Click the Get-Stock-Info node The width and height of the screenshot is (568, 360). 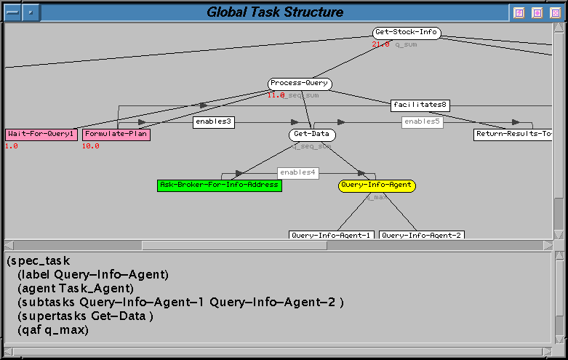pyautogui.click(x=407, y=33)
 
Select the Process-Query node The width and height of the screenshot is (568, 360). pyautogui.click(x=300, y=84)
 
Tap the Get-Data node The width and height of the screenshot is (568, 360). pyautogui.click(x=313, y=135)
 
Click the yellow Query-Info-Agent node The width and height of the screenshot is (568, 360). pyautogui.click(x=377, y=185)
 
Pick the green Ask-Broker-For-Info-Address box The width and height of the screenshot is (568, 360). pyautogui.click(x=219, y=185)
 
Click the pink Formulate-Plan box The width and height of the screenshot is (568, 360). pyautogui.click(x=116, y=135)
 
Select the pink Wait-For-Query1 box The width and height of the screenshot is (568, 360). pyautogui.click(x=41, y=135)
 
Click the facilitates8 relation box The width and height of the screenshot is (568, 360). pyautogui.click(x=420, y=105)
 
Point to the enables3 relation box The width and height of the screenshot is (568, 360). pyautogui.click(x=214, y=122)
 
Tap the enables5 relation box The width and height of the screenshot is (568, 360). pyautogui.click(x=422, y=122)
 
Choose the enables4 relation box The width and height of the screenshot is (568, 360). pyautogui.click(x=297, y=172)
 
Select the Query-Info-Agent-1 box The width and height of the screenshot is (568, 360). pyautogui.click(x=332, y=235)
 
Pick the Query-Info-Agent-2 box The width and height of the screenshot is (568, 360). pyautogui.click(x=422, y=235)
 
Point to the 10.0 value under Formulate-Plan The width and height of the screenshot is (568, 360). pyautogui.click(x=90, y=146)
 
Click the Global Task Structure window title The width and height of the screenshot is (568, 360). pyautogui.click(x=275, y=12)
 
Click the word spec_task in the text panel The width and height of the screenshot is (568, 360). pyautogui.click(x=40, y=260)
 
